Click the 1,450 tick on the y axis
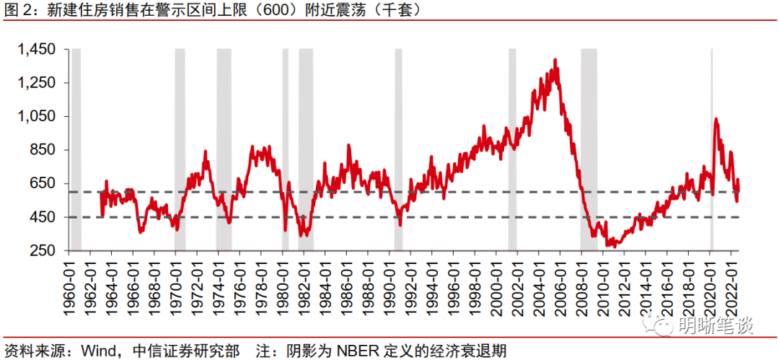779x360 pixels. [37, 50]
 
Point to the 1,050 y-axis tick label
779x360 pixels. [37, 117]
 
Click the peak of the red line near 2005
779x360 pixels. [555, 60]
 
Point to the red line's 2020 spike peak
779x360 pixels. [716, 119]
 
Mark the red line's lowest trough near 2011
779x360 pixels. [611, 245]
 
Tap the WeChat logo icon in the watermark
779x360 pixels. [664, 326]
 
